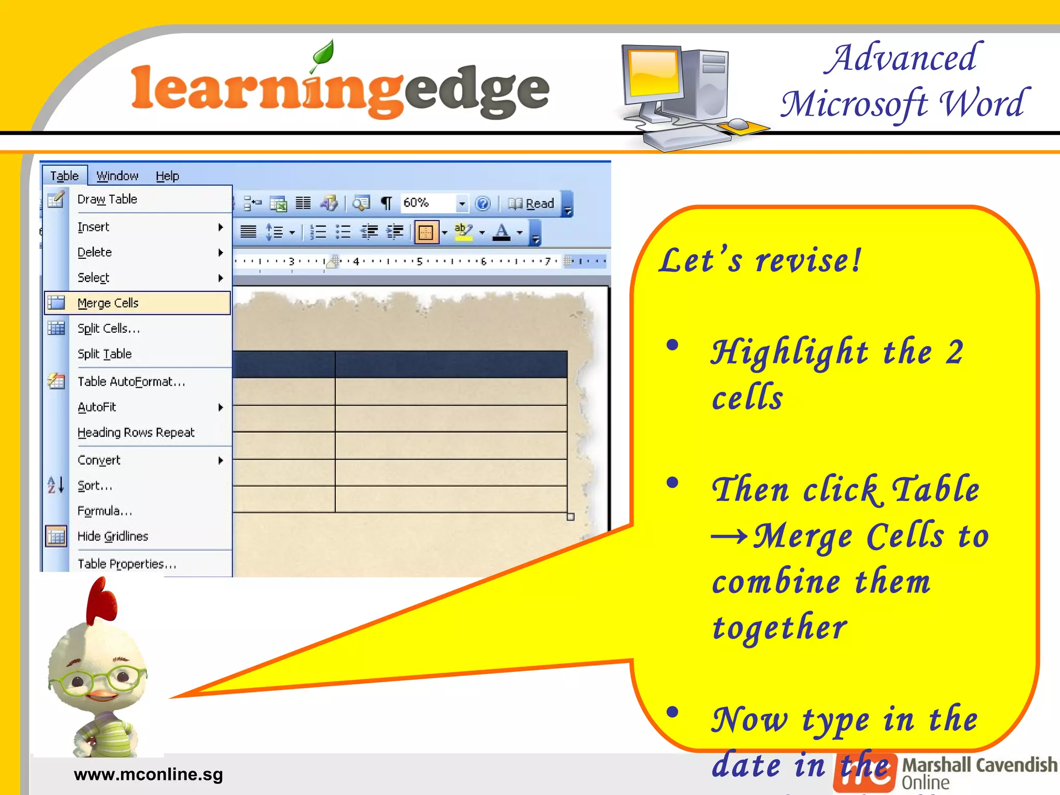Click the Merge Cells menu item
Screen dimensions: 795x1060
click(x=108, y=303)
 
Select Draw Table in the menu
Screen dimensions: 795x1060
click(x=107, y=199)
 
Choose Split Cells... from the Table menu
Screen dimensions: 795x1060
click(x=109, y=329)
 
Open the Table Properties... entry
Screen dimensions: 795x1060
click(x=127, y=564)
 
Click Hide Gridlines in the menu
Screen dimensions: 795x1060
click(x=113, y=536)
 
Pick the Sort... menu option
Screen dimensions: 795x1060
click(x=95, y=485)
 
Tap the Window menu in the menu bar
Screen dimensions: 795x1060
click(x=117, y=176)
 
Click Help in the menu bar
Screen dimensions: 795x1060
click(x=167, y=176)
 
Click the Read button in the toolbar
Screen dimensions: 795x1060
click(x=532, y=203)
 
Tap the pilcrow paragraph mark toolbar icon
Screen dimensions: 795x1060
click(x=386, y=203)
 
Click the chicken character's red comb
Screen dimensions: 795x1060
click(x=102, y=600)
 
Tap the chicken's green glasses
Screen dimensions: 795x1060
click(x=99, y=678)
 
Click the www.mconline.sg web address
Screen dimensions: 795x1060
click(x=149, y=774)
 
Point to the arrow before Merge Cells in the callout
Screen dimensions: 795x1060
click(x=729, y=536)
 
